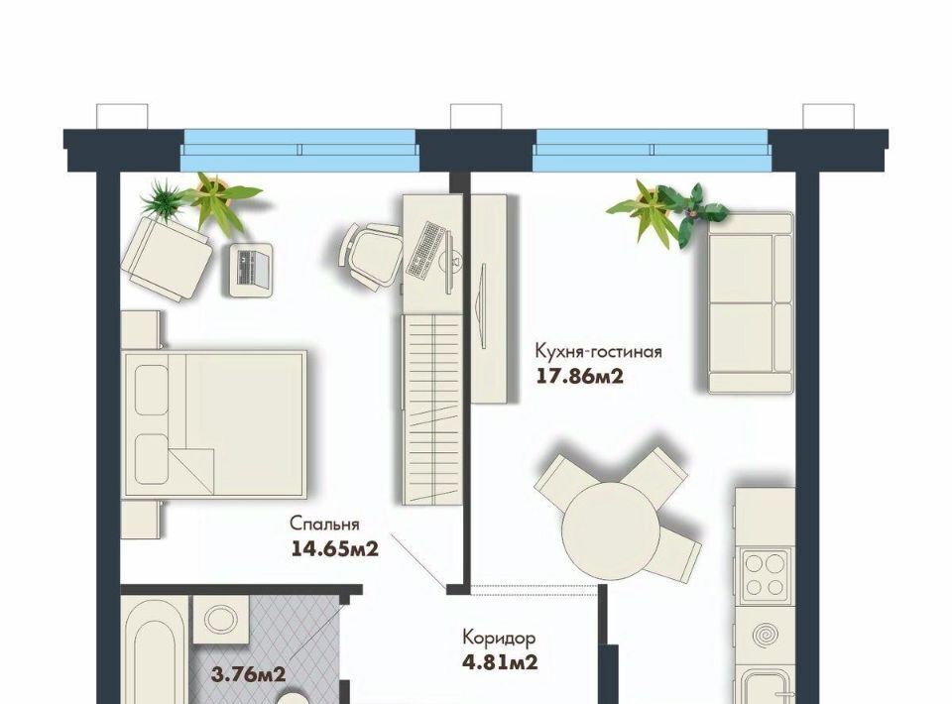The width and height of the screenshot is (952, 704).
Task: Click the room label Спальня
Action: coord(324,524)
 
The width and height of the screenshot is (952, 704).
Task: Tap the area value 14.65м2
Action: coord(335,549)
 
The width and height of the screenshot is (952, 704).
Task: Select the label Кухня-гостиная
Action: coord(598,351)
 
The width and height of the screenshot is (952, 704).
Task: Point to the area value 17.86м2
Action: coord(580,377)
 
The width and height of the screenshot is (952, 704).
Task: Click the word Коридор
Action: coord(499,638)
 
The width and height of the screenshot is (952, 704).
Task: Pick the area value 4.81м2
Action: coord(500,661)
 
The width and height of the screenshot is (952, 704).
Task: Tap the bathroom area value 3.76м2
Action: coord(248,673)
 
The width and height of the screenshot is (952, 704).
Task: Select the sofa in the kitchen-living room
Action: coord(751,302)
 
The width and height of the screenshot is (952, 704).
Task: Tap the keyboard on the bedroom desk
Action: coord(425,250)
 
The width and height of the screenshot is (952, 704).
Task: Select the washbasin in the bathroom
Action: coord(220,620)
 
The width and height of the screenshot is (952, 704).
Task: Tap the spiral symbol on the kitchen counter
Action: coord(765,636)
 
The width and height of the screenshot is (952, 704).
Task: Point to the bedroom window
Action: coord(299,150)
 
